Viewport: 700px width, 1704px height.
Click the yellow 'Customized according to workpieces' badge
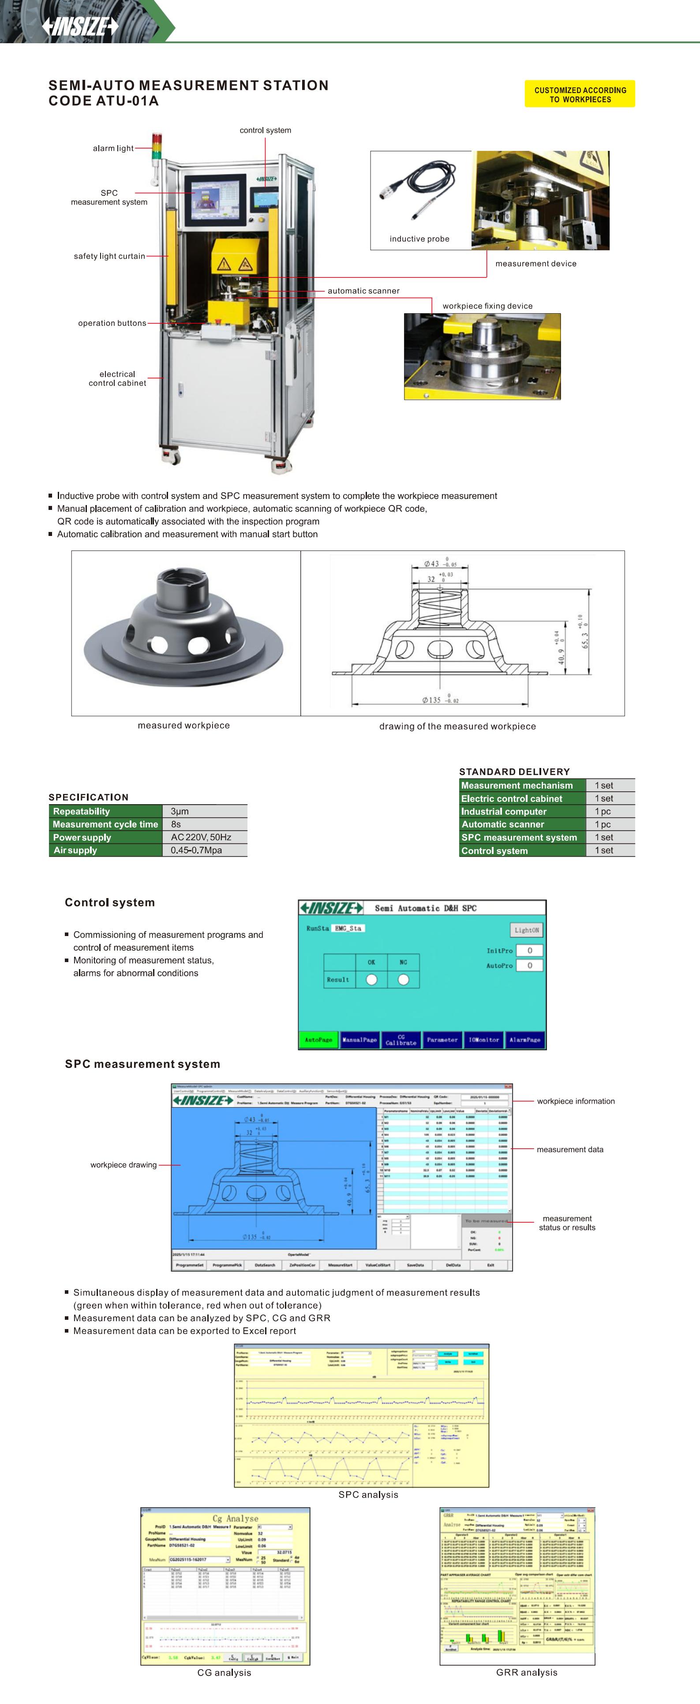580,94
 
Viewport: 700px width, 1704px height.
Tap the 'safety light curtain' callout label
109,256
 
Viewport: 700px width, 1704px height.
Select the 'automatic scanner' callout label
363,290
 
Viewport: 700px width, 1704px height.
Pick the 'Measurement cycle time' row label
105,824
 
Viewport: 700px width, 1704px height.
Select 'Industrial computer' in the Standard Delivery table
504,812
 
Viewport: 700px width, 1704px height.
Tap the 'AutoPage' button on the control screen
318,1040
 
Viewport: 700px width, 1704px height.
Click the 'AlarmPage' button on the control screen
525,1040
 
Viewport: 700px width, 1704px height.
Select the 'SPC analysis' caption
368,1494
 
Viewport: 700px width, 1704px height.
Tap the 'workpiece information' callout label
576,1101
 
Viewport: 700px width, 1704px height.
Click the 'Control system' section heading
110,902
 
